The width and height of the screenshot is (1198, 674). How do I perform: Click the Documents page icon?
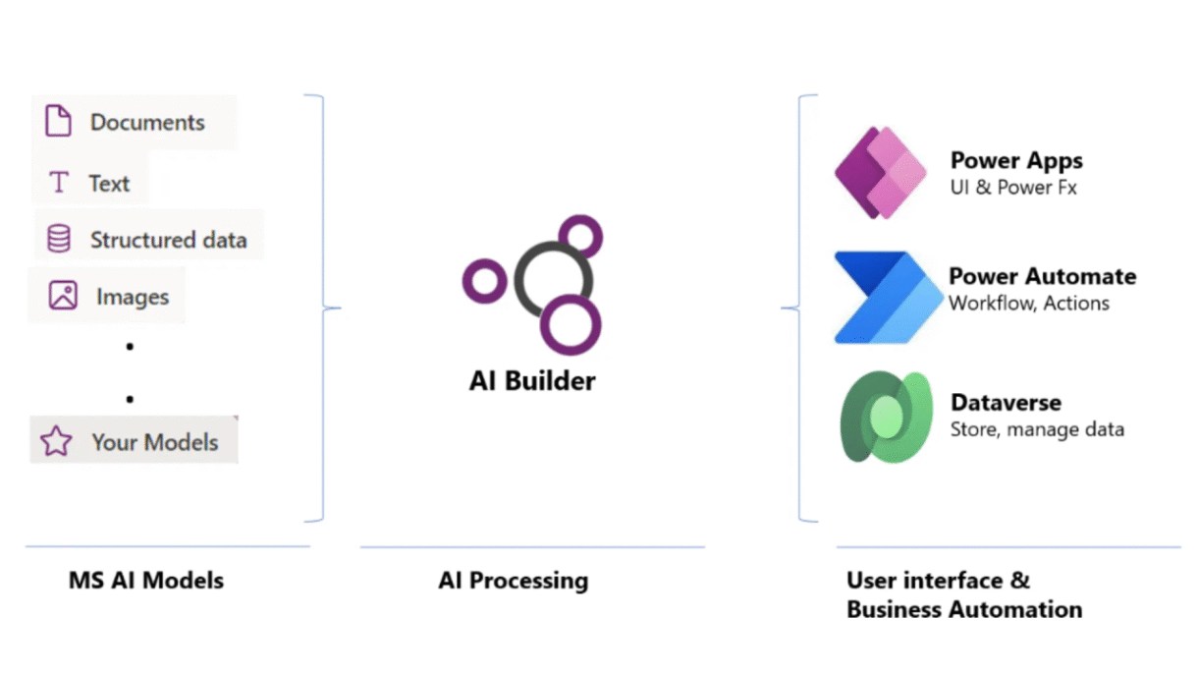[x=59, y=122]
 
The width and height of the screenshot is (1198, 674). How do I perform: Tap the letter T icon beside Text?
[x=59, y=183]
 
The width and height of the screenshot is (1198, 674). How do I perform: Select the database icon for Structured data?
[x=59, y=239]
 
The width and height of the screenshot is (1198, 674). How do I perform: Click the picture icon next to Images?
[x=63, y=295]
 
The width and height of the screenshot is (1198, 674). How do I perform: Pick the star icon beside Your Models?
[x=56, y=442]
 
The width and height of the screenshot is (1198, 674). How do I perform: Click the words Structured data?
[x=168, y=240]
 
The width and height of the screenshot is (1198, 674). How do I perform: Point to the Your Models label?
[x=154, y=442]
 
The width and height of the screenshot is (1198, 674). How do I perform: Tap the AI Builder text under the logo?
[x=532, y=380]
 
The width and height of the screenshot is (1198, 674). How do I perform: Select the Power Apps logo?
[x=880, y=173]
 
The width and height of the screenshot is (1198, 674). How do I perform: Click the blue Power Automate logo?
[x=880, y=297]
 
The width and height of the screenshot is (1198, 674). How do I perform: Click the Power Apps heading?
[x=1016, y=160]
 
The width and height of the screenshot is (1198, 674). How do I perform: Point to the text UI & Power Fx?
[x=1012, y=187]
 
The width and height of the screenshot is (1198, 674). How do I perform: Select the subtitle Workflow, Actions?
[x=1028, y=304]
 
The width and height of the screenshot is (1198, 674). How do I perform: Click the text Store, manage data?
[x=1037, y=429]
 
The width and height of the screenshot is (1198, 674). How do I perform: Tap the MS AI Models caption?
[x=146, y=581]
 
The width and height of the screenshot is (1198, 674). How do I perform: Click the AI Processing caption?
[x=513, y=581]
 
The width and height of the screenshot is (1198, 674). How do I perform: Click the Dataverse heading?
[x=1006, y=403]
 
